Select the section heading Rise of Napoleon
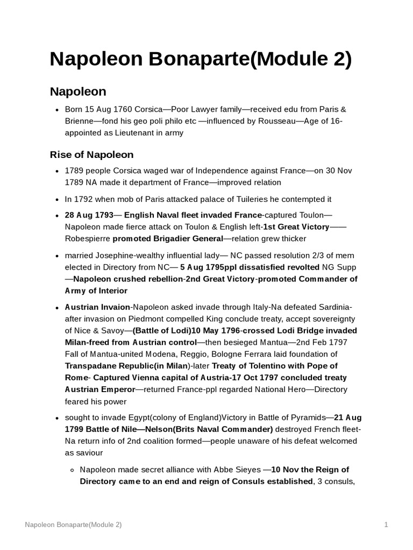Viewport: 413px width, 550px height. click(91, 155)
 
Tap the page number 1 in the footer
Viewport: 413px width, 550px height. click(386, 525)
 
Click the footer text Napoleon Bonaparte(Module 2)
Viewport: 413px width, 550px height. click(73, 525)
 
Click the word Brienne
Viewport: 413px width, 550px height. click(80, 121)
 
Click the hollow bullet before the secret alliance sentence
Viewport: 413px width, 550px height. click(72, 470)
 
